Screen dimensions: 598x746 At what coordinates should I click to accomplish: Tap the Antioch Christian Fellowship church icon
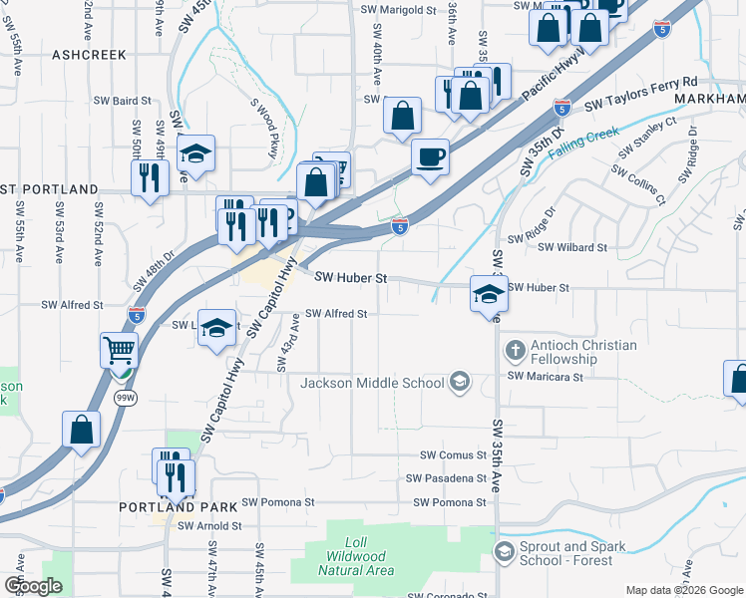[514, 351]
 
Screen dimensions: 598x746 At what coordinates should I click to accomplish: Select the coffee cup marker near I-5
[430, 157]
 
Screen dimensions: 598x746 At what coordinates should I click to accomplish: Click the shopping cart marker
[119, 351]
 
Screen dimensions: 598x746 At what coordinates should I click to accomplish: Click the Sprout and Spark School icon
[505, 552]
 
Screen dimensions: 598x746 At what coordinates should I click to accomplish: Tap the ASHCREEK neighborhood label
[89, 55]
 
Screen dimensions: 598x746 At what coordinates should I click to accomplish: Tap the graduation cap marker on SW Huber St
[489, 294]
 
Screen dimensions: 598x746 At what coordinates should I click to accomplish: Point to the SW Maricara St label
[545, 377]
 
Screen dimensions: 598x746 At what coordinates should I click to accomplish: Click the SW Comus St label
[452, 454]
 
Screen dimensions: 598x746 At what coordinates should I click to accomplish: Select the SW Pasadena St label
[446, 478]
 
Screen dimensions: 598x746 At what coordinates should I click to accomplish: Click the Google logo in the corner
[33, 586]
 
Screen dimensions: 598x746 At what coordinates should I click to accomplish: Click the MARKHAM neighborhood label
[709, 100]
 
